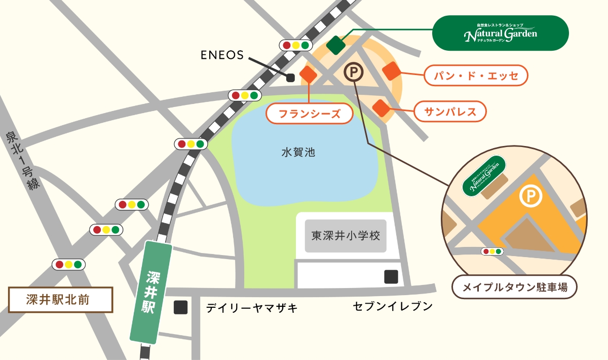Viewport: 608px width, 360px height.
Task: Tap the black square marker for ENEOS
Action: (x=290, y=78)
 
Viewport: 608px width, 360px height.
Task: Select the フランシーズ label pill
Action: (x=310, y=114)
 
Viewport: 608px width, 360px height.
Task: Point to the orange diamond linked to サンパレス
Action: (x=381, y=107)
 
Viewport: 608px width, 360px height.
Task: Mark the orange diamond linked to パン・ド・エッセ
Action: (x=392, y=71)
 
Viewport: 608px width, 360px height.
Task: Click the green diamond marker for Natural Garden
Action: (x=335, y=45)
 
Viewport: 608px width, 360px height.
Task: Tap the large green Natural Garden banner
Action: (x=500, y=33)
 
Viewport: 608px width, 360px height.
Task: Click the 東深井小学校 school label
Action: (x=346, y=236)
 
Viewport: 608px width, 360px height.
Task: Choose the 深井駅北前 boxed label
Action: (x=61, y=300)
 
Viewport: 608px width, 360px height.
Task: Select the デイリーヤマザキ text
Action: (x=252, y=308)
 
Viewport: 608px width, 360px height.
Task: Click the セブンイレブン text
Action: (x=393, y=306)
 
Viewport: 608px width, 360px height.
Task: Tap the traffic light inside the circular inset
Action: (x=492, y=251)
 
